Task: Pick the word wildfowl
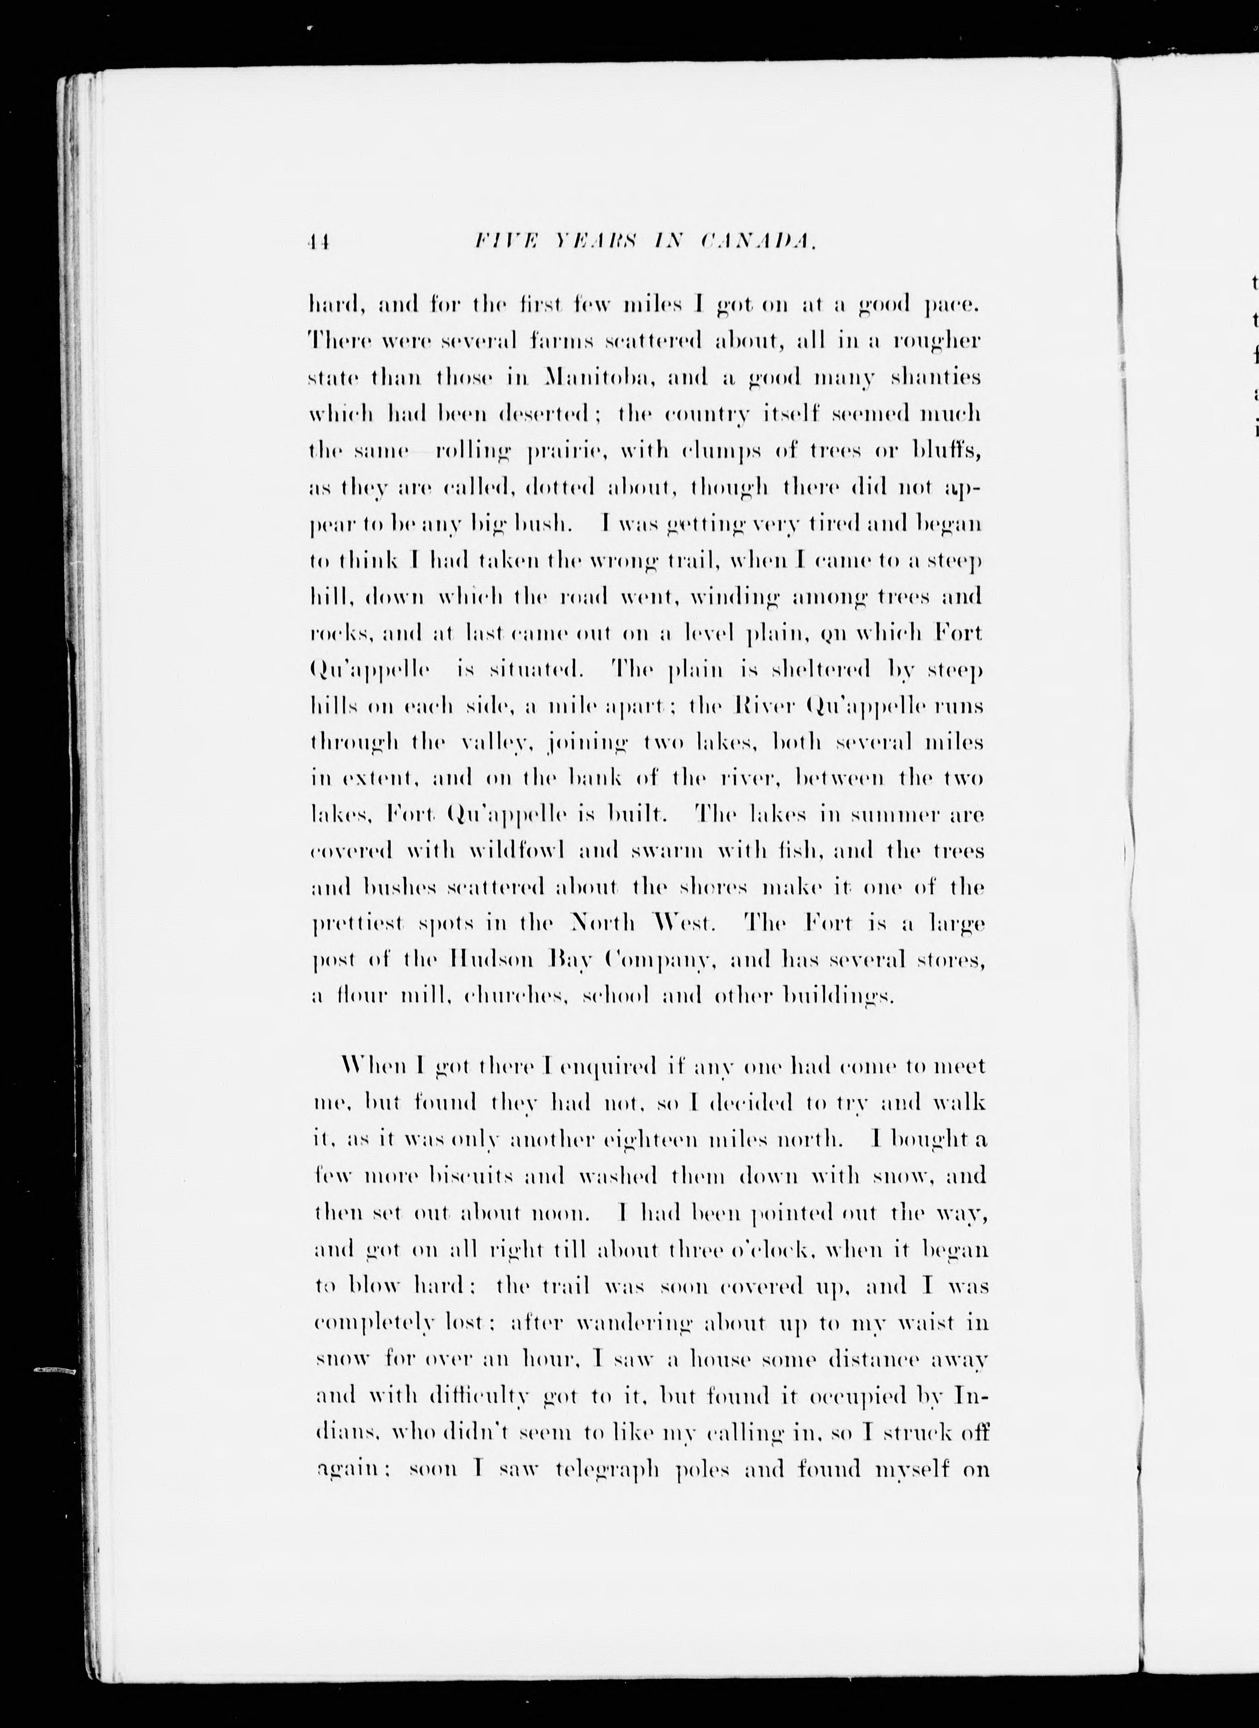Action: pyautogui.click(x=517, y=851)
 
